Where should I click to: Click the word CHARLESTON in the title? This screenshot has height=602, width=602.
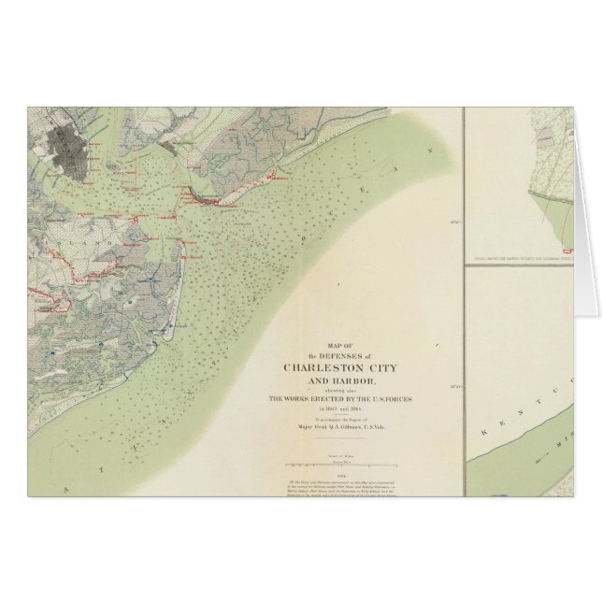click(318, 365)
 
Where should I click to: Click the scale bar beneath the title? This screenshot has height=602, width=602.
click(343, 464)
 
